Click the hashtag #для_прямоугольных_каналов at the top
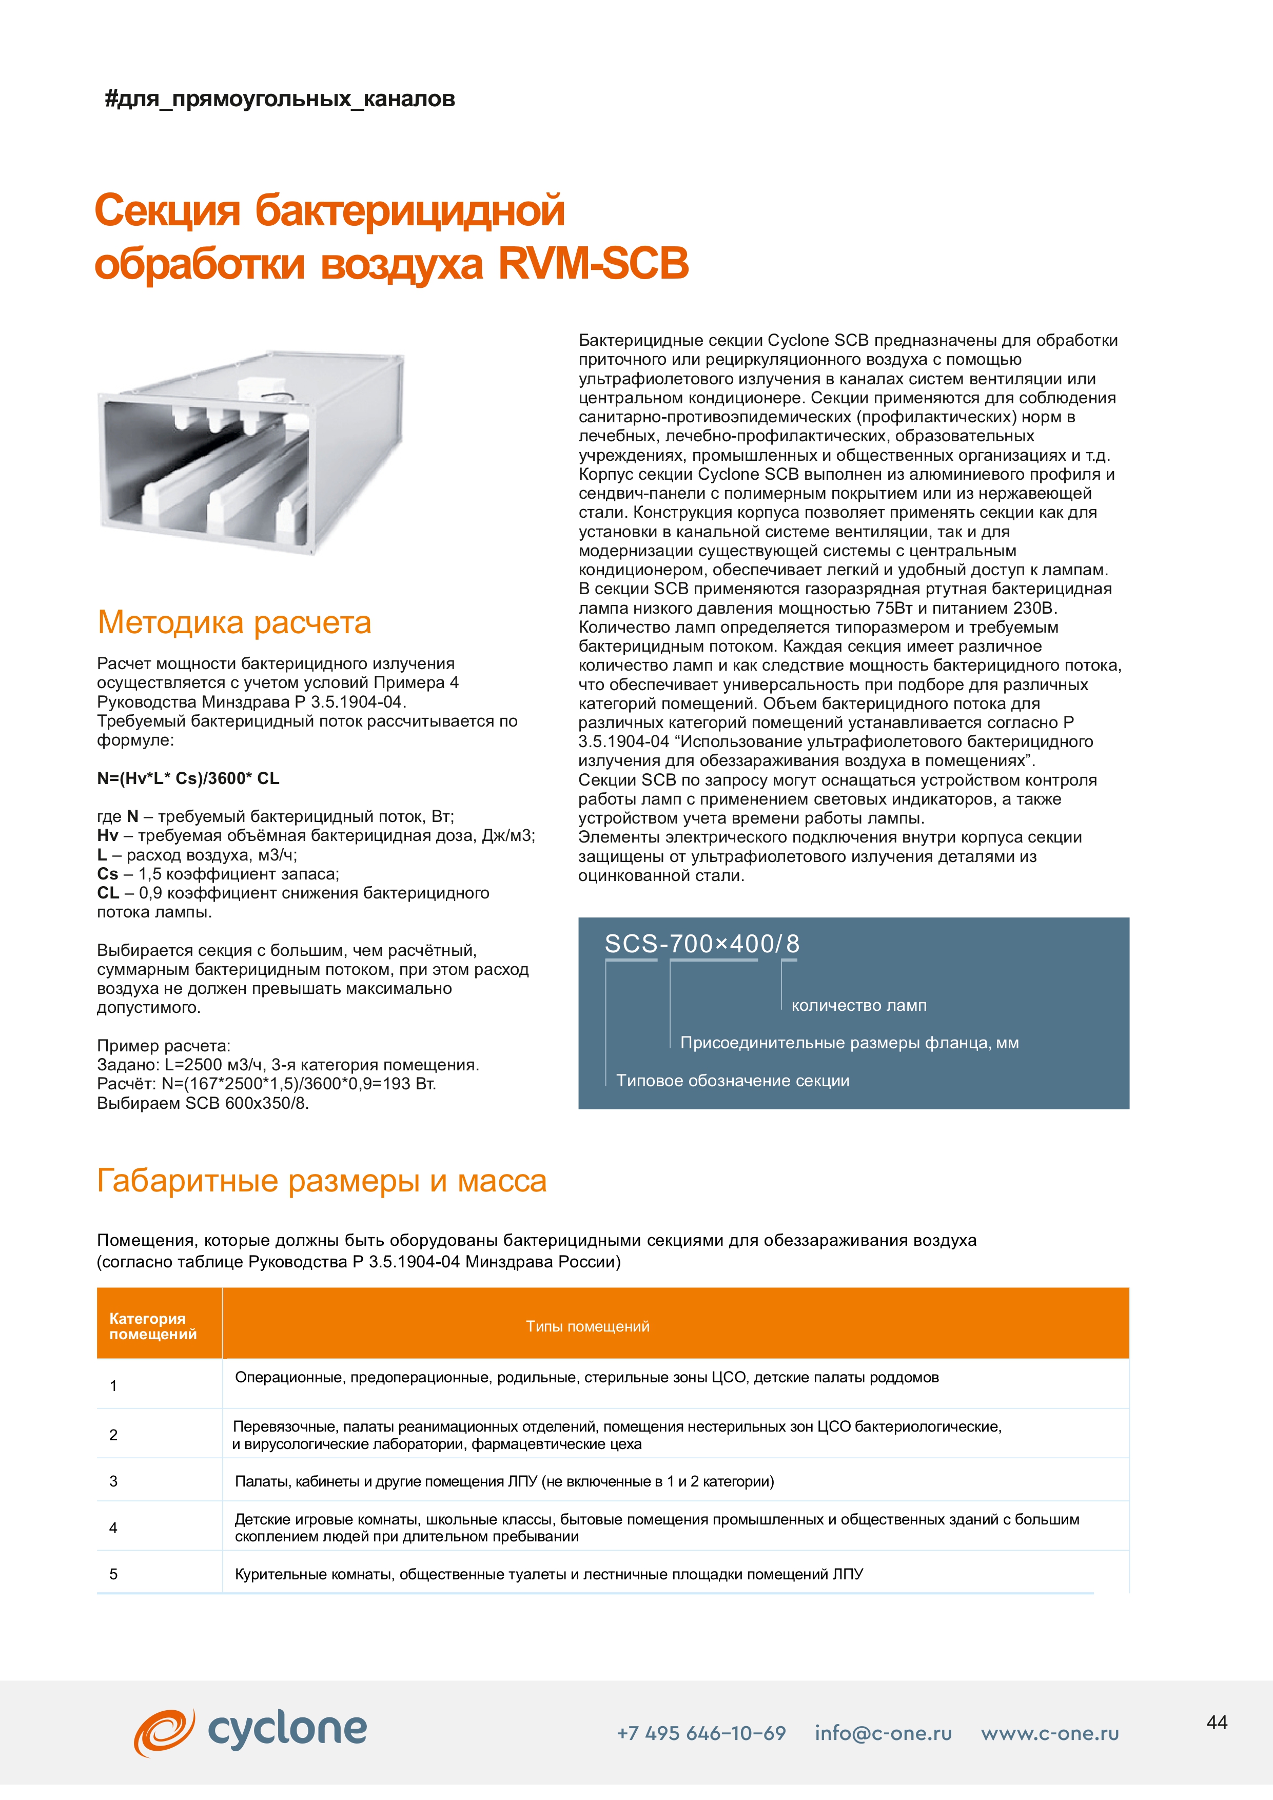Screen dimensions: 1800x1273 click(280, 100)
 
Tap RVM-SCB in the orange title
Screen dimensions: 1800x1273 click(593, 263)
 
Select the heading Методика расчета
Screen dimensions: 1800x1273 click(234, 622)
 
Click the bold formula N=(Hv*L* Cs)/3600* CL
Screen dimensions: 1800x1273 click(188, 778)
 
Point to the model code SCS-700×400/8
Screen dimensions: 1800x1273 click(701, 944)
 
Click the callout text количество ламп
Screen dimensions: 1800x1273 click(858, 1006)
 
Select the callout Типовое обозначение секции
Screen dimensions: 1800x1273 click(732, 1081)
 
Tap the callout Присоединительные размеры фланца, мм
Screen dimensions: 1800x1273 click(849, 1044)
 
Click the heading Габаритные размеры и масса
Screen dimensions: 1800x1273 click(321, 1181)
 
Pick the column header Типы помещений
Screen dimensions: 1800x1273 click(587, 1326)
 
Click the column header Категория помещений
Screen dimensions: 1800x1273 click(153, 1326)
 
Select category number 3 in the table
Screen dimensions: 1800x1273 click(114, 1481)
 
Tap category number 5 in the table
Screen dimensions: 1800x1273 click(114, 1574)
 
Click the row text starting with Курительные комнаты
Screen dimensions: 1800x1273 click(549, 1574)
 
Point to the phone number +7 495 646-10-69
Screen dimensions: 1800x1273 click(701, 1733)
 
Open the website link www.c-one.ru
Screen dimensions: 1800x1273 click(1050, 1733)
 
